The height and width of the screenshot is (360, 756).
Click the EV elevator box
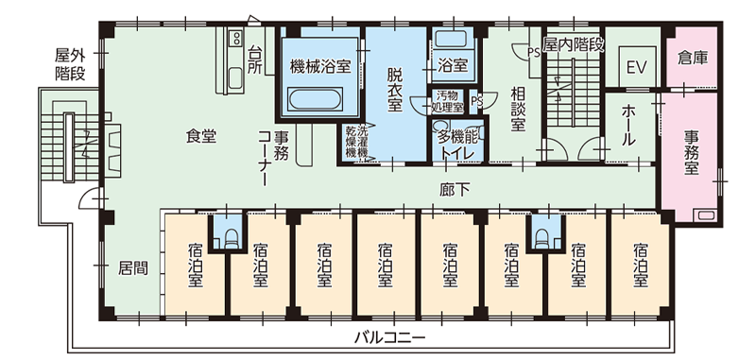(636, 68)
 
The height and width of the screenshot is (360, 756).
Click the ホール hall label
(629, 125)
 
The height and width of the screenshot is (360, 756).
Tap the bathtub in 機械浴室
(318, 98)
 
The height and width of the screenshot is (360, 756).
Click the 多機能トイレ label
(458, 146)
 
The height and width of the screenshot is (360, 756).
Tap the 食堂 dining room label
(200, 136)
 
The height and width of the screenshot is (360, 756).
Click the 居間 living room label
(133, 267)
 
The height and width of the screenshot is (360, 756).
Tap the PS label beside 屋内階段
(534, 53)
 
